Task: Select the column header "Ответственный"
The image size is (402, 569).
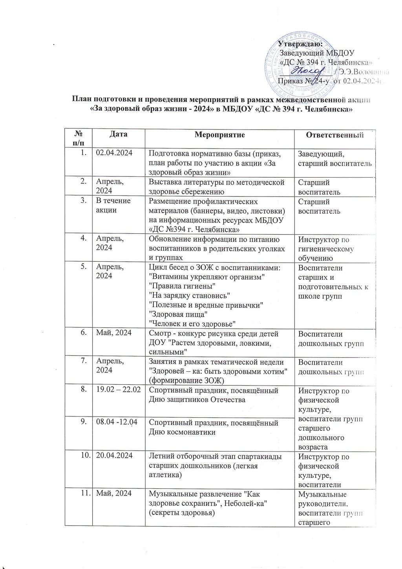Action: tap(335, 135)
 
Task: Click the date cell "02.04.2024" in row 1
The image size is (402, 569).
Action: tap(114, 154)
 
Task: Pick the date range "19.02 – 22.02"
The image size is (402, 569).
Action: tap(117, 390)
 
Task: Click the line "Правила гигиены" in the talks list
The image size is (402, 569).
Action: tap(182, 286)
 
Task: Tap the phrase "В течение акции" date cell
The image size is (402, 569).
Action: tap(113, 205)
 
